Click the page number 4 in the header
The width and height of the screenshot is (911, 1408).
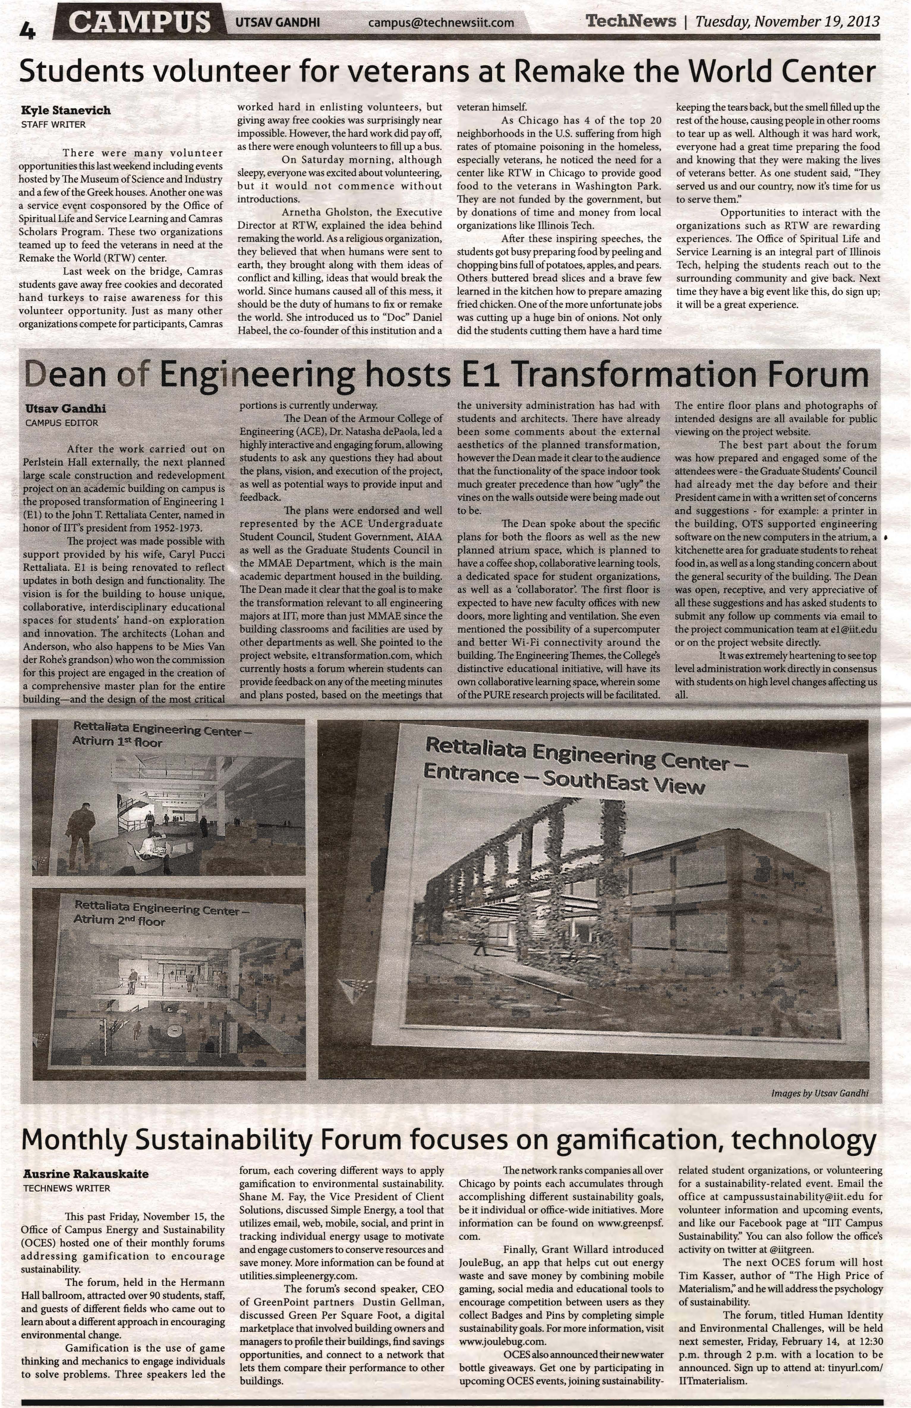tap(27, 30)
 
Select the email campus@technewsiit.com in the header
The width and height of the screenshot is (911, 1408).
tap(441, 23)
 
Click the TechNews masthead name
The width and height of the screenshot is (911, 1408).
tap(630, 21)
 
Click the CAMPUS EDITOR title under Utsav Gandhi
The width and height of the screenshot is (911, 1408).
tap(62, 423)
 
